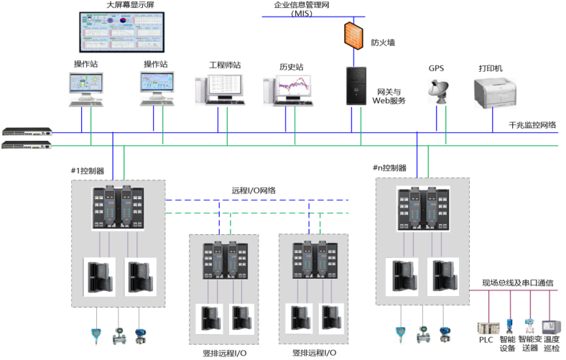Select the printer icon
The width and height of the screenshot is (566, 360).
[491, 93]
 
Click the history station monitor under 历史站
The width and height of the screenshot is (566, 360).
[290, 90]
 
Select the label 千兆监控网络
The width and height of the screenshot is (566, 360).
[533, 125]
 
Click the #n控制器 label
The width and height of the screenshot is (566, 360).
[389, 168]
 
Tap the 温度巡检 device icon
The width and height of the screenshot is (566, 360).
[551, 326]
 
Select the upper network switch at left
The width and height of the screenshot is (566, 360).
[27, 131]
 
